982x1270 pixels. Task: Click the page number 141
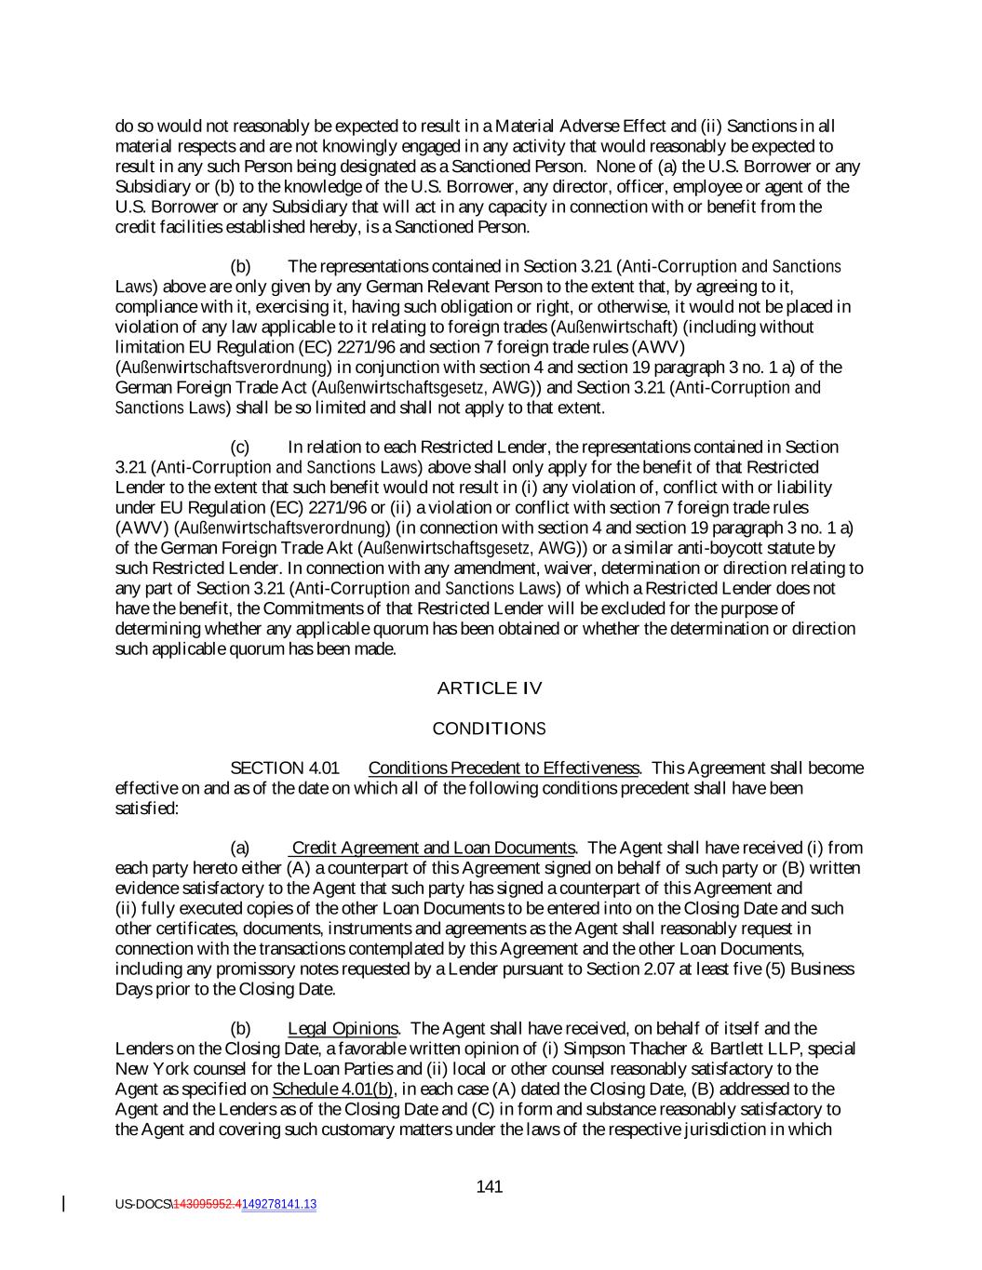pyautogui.click(x=490, y=1186)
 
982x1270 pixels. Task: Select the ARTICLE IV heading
pyautogui.click(x=490, y=688)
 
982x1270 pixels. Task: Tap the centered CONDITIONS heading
pyautogui.click(x=490, y=729)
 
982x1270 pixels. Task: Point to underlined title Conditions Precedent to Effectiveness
pyautogui.click(x=504, y=769)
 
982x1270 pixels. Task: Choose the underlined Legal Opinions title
pyautogui.click(x=343, y=1028)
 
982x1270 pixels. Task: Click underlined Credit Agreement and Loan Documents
pyautogui.click(x=434, y=848)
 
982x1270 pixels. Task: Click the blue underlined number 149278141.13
pyautogui.click(x=279, y=1204)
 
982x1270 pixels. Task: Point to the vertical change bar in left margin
pyautogui.click(x=63, y=1204)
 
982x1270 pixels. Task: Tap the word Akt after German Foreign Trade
pyautogui.click(x=339, y=548)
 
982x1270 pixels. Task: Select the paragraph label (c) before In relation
pyautogui.click(x=240, y=448)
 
